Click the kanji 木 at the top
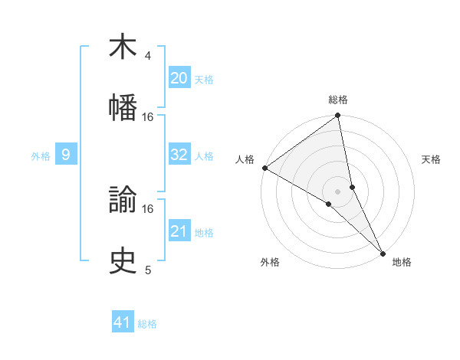123,47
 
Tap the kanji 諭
123,201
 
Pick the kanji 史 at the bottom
123,260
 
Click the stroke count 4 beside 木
148,57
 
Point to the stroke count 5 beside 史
148,270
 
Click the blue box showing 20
179,79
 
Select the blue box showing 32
179,155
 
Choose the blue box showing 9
66,155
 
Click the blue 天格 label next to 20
204,80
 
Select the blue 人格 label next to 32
204,156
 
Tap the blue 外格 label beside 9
41,156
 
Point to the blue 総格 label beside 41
147,323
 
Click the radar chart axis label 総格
338,100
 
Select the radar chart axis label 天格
431,159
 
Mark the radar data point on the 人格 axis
264,168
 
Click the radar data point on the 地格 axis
383,252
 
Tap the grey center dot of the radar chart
338,190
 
